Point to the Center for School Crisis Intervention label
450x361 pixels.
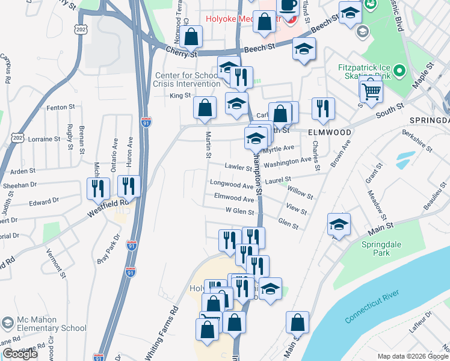[x=186, y=79]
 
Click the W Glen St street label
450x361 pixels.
[x=239, y=211]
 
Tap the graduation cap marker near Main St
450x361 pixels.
[x=339, y=225]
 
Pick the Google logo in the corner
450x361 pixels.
[x=20, y=354]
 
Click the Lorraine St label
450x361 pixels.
[x=43, y=139]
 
